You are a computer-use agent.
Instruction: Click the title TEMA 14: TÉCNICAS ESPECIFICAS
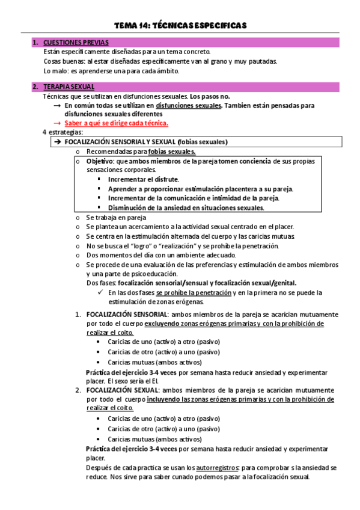(181, 25)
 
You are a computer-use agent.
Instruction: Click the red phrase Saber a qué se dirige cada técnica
(117, 123)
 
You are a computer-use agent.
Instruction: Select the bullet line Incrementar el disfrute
(143, 179)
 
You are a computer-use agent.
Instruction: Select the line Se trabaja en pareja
(116, 218)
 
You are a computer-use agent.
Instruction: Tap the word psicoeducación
(162, 274)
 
